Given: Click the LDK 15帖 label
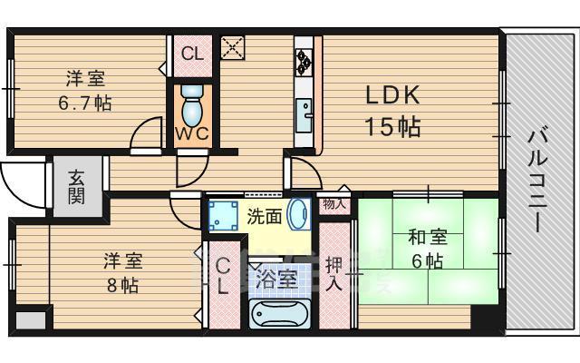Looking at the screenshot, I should coord(392,111).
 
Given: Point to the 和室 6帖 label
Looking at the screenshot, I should coord(426,250).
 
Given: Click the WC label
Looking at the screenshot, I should coord(192,133).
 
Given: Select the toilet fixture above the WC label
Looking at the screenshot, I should coord(192,106).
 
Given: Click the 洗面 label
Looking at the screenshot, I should coord(264,217).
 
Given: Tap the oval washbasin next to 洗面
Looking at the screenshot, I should coord(298,216).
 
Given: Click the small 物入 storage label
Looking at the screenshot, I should coord(334,205).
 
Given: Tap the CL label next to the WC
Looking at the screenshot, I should coord(192,53).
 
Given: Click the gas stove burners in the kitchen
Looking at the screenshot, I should coord(303,61).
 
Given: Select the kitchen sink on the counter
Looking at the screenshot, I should coord(304,115).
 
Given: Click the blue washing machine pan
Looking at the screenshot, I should coord(222,217).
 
